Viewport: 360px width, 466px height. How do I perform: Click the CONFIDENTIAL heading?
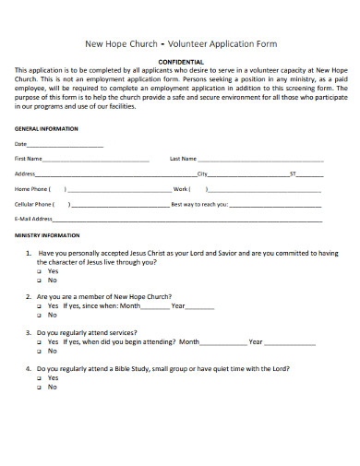click(x=180, y=61)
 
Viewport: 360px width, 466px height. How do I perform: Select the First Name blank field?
click(x=96, y=160)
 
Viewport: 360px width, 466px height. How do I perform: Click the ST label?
click(x=294, y=173)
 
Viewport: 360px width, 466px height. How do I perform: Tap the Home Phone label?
click(x=33, y=188)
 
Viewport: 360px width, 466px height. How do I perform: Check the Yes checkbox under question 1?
click(x=40, y=272)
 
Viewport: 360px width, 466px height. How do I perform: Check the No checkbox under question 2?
click(x=40, y=315)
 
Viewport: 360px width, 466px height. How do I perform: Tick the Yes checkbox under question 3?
click(x=40, y=341)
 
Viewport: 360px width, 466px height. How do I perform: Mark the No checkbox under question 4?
click(x=40, y=387)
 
